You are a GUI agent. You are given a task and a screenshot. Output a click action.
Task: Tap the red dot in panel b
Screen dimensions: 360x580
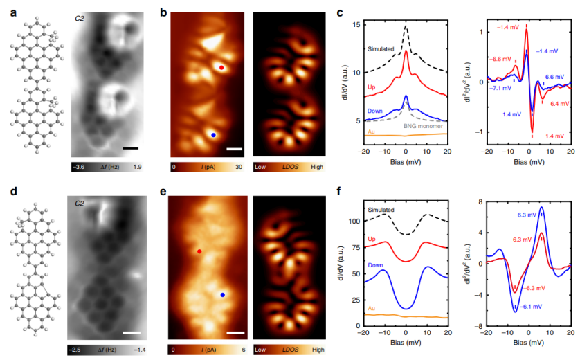[221, 68]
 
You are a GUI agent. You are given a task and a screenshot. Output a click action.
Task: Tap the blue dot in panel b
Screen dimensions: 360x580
[214, 135]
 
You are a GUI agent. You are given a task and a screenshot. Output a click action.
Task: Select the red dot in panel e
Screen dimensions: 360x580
[199, 252]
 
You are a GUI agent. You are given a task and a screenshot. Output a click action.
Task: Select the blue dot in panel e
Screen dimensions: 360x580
[223, 295]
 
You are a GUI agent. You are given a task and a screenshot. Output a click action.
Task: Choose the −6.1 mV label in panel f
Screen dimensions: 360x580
[528, 305]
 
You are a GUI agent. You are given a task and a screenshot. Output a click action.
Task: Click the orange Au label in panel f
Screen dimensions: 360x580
[372, 307]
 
